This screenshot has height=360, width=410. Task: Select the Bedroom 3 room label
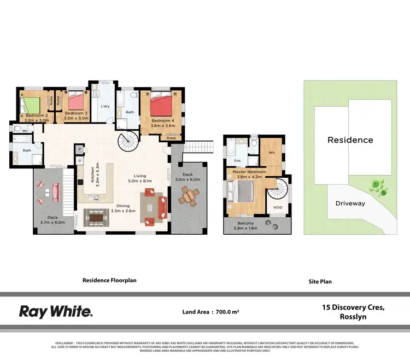[x=76, y=115]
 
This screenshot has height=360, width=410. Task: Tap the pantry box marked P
[x=80, y=149]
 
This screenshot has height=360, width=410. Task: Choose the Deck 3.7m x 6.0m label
[x=52, y=220]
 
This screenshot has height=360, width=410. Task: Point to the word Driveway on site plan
[x=350, y=203]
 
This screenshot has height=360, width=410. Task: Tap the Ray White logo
[x=56, y=312]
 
